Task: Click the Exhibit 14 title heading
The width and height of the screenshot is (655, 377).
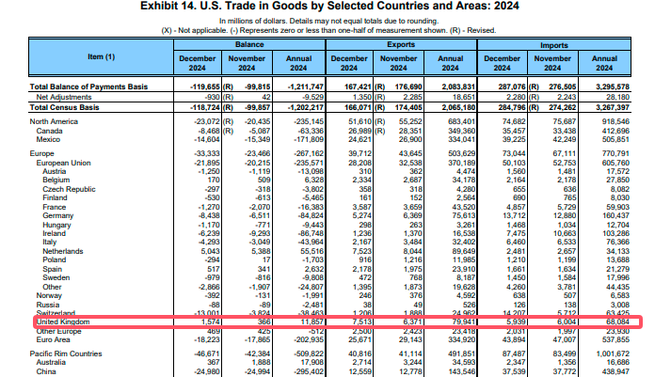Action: tap(327, 7)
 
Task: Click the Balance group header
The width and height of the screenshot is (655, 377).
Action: tap(248, 44)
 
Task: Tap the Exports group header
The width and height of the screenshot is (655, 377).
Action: tap(402, 44)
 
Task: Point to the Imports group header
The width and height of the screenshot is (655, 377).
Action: tap(554, 44)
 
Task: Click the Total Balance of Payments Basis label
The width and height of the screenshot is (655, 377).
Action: tap(86, 86)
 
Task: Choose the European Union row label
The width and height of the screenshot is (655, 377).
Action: tap(64, 161)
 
